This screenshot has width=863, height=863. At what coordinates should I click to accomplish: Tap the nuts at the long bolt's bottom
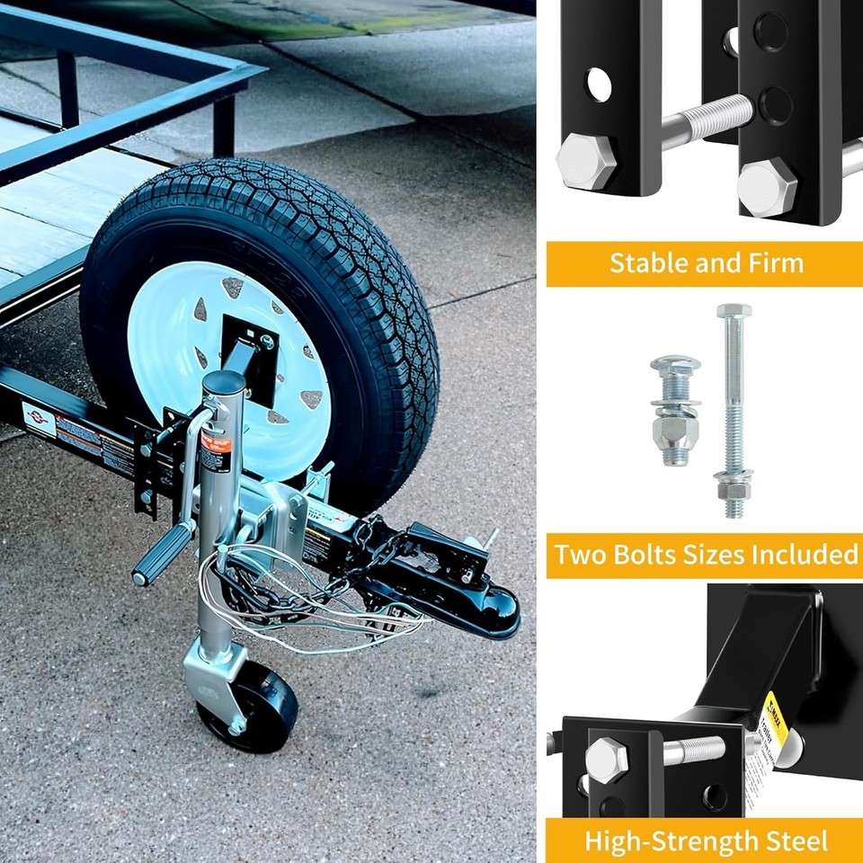click(x=734, y=490)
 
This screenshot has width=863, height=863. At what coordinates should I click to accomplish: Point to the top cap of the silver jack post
click(x=223, y=381)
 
